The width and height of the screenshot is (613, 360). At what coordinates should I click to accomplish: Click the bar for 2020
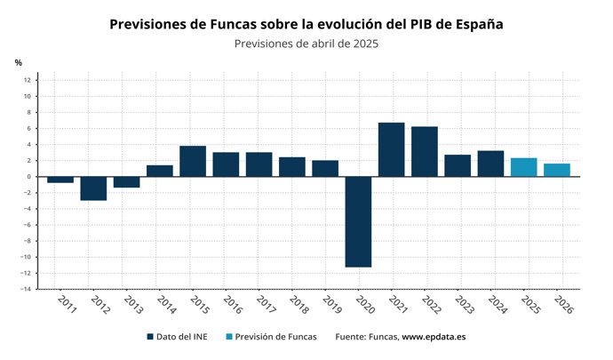pyautogui.click(x=358, y=221)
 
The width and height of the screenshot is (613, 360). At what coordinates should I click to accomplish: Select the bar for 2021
pyautogui.click(x=391, y=149)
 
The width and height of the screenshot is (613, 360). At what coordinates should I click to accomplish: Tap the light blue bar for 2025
pyautogui.click(x=523, y=167)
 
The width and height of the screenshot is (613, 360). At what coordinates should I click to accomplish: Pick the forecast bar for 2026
pyautogui.click(x=557, y=170)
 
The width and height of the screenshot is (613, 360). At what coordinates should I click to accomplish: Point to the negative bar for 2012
pyautogui.click(x=93, y=188)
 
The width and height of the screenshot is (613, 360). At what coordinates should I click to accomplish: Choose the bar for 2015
pyautogui.click(x=193, y=161)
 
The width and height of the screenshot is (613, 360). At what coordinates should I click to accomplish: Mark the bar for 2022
pyautogui.click(x=425, y=151)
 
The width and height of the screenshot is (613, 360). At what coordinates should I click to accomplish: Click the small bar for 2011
pyautogui.click(x=60, y=180)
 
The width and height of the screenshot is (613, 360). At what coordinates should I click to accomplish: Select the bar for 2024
pyautogui.click(x=490, y=164)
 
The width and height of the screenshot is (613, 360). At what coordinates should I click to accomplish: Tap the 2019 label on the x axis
pyautogui.click(x=330, y=305)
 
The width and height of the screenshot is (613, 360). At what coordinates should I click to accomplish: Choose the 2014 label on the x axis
pyautogui.click(x=165, y=305)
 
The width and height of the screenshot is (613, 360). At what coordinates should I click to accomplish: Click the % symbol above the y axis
pyautogui.click(x=18, y=62)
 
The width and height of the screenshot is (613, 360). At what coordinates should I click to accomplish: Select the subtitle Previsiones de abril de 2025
pyautogui.click(x=306, y=44)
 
